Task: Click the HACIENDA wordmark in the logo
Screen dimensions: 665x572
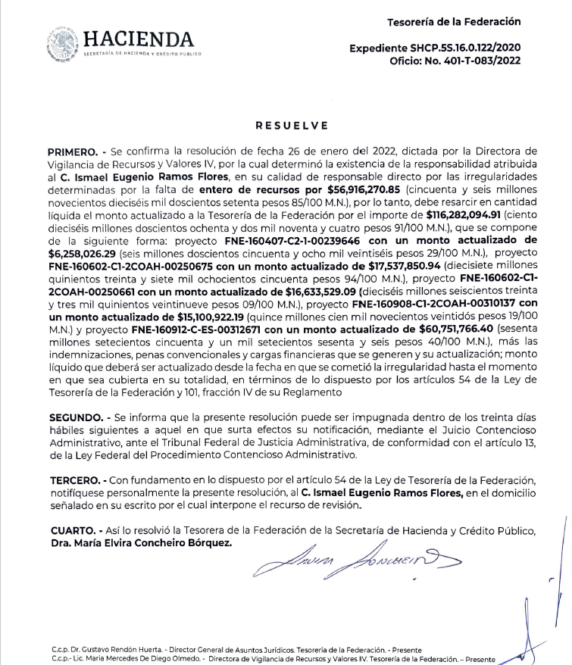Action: click(139, 39)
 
